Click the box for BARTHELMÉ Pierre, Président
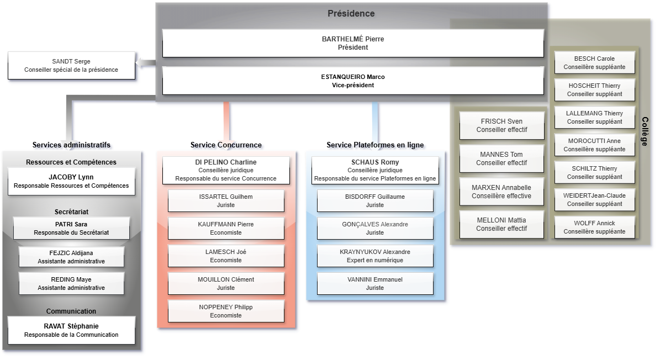point(353,43)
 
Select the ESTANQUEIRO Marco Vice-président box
point(353,81)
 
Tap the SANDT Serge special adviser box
point(71,65)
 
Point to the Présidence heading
point(351,14)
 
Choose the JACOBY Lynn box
point(71,181)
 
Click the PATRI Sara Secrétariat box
point(71,228)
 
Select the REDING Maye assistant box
point(71,283)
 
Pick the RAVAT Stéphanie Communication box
point(71,330)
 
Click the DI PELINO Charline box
point(226,170)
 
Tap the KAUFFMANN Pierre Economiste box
point(226,228)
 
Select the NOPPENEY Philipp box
point(226,311)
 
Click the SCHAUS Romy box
point(375,170)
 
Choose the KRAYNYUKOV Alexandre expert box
point(375,256)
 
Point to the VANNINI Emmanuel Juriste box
point(375,283)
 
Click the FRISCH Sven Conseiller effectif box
point(501,125)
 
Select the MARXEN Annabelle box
point(501,192)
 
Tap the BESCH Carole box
point(594,62)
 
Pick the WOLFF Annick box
point(594,227)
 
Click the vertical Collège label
point(645,131)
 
